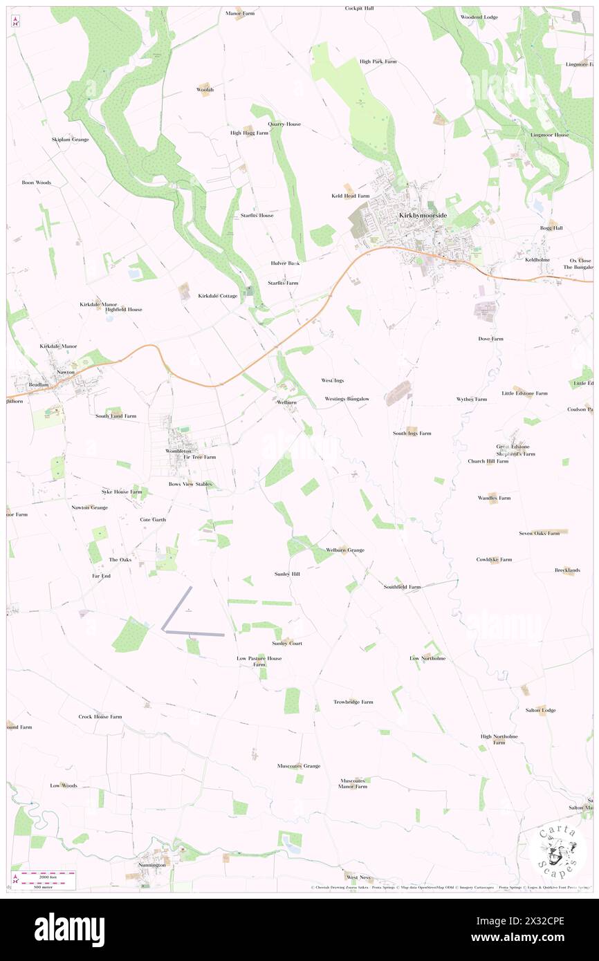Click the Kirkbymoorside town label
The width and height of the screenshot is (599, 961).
tap(423, 216)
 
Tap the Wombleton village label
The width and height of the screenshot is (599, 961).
tap(178, 451)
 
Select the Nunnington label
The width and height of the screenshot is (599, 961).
tap(151, 865)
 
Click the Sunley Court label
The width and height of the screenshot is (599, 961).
tap(287, 644)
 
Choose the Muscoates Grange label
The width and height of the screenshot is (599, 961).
tap(299, 766)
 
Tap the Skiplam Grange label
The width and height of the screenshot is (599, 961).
tap(70, 140)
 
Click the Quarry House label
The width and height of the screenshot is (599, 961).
tap(284, 124)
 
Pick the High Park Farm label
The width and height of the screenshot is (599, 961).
tap(378, 62)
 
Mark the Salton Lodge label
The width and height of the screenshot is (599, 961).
tap(540, 711)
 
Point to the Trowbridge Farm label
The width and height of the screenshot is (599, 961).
tap(353, 702)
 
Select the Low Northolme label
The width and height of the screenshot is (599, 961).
tap(427, 658)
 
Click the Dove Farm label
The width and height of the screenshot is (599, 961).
tap(490, 339)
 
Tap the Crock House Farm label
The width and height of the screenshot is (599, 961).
tap(100, 717)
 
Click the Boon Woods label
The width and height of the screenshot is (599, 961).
tap(37, 183)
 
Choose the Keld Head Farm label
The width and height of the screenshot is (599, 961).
tap(350, 196)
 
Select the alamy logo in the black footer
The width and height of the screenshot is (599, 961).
tap(69, 929)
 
